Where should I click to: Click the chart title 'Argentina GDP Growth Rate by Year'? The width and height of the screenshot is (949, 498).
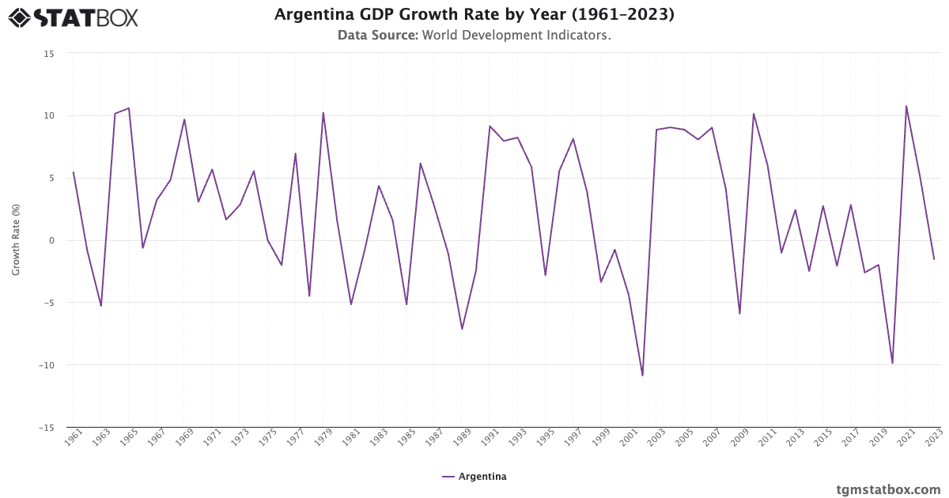click(474, 15)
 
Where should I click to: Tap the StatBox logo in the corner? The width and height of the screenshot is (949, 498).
click(73, 17)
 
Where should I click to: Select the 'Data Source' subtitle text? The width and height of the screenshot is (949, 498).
click(474, 36)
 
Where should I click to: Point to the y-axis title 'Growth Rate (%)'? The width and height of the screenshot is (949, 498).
click(16, 240)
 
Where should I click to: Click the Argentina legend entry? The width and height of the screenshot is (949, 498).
click(475, 477)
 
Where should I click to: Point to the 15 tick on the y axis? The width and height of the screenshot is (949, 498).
click(49, 53)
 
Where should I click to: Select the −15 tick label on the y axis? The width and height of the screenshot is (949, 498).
click(47, 428)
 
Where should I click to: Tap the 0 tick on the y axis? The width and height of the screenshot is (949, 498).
click(51, 240)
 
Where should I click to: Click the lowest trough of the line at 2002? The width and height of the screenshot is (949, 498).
click(642, 375)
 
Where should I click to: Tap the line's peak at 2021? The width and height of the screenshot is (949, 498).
click(906, 106)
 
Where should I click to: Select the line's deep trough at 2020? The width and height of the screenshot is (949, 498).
click(892, 363)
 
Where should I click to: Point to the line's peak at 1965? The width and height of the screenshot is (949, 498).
click(129, 108)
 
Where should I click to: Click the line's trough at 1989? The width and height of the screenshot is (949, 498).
click(462, 329)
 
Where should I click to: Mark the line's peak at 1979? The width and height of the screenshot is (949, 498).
click(323, 112)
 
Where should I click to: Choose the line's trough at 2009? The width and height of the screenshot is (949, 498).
click(739, 314)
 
